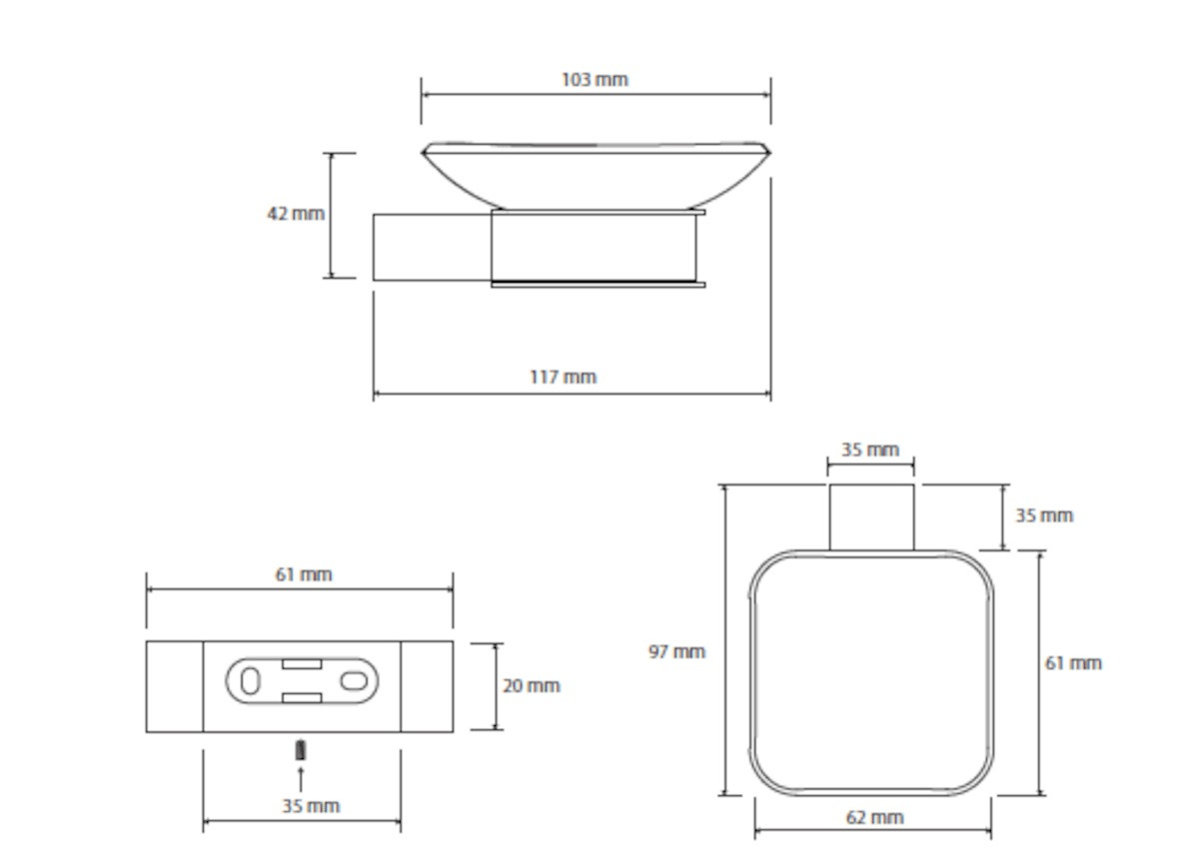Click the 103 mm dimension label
(x=595, y=80)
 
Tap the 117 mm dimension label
(x=564, y=378)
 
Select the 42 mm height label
(x=296, y=214)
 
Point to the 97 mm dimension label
(x=677, y=651)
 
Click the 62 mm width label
(x=875, y=817)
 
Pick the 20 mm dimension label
(x=532, y=686)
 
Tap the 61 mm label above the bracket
(x=304, y=574)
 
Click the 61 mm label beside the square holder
(x=1073, y=663)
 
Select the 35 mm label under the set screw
(x=311, y=806)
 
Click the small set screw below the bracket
(x=301, y=750)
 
